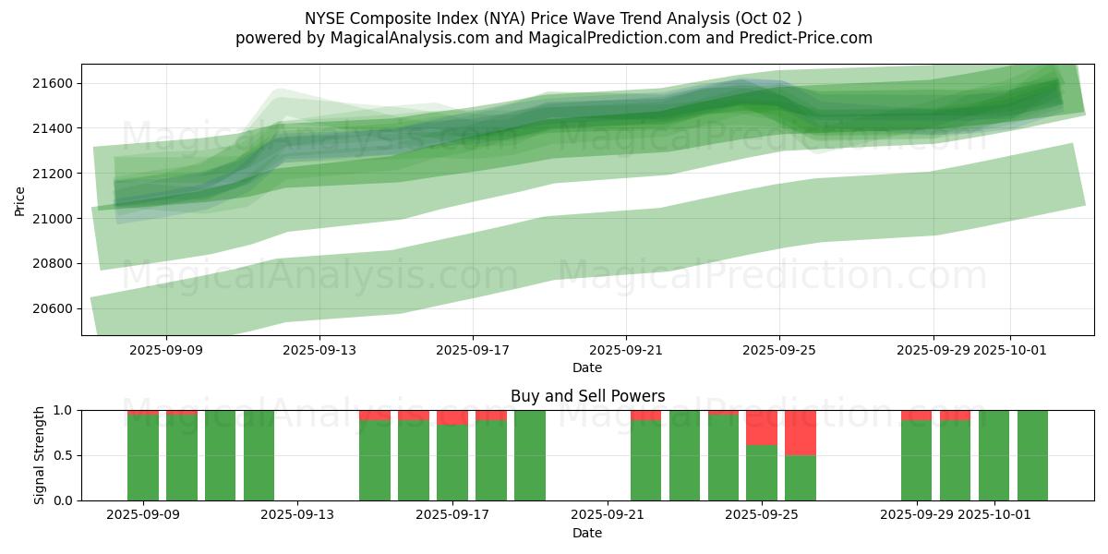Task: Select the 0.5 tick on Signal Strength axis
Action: (65, 455)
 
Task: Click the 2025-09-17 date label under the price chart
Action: (473, 350)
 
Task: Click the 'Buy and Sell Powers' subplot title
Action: (587, 396)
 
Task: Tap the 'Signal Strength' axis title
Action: (39, 455)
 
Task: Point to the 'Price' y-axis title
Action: (20, 199)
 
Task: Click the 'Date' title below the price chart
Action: (587, 367)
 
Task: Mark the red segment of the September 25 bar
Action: (762, 427)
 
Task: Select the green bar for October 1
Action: (994, 455)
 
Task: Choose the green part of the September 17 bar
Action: (452, 462)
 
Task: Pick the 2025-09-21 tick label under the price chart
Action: (626, 350)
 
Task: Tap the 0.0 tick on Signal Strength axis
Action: (65, 500)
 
